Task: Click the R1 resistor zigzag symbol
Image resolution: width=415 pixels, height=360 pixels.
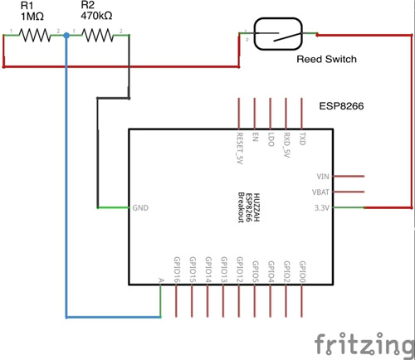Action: [36, 35]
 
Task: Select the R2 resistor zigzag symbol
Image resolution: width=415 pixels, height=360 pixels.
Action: [98, 35]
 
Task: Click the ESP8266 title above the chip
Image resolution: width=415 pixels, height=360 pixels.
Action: [343, 106]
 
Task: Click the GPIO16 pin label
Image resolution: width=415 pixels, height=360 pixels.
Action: [177, 269]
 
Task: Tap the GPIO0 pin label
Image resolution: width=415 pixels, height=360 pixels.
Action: [302, 270]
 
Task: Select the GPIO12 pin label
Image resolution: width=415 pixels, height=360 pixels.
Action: [239, 269]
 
